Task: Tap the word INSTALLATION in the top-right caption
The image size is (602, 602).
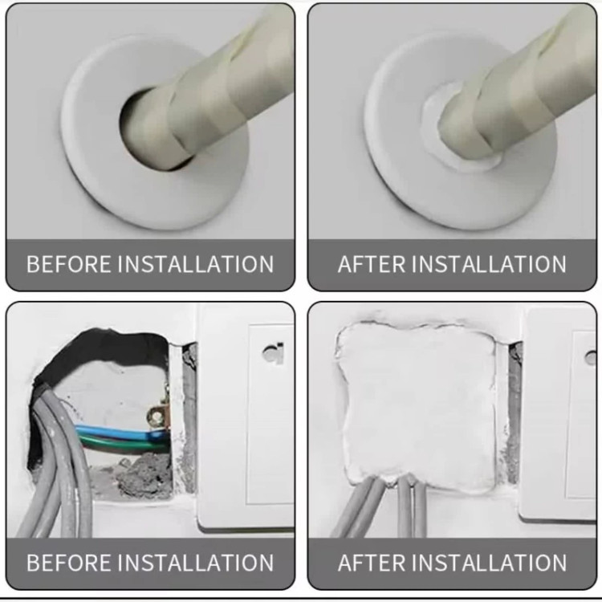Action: tap(491, 264)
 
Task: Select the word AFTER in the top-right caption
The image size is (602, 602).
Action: tap(372, 264)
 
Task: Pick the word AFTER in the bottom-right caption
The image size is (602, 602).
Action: tap(372, 563)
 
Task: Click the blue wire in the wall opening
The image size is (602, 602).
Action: tap(119, 432)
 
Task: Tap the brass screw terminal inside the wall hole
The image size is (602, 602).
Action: tap(158, 414)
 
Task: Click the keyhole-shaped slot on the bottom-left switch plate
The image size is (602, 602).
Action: tap(274, 353)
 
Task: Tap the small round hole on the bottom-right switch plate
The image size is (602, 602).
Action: tap(590, 358)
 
